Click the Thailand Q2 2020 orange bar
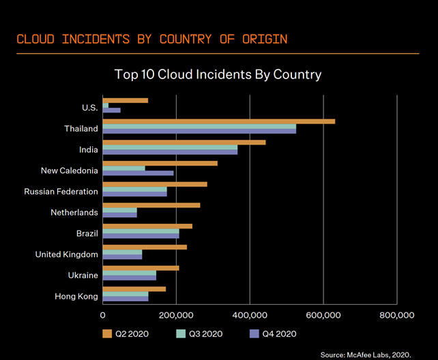coord(218,121)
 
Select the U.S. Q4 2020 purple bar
coord(111,110)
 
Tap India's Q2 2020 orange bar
coord(184,142)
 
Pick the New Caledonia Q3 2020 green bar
coord(123,168)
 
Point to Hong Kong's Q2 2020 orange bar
coord(134,289)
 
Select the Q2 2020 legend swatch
coord(106,333)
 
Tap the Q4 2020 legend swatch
coord(256,333)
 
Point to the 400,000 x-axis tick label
coord(250,316)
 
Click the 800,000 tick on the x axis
coord(396,316)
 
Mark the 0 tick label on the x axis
coord(102,316)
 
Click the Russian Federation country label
coord(61,192)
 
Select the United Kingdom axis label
coord(66,254)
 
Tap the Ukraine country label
coord(83,275)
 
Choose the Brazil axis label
coord(87,234)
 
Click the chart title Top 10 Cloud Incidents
coord(218,74)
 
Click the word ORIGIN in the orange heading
coord(265,38)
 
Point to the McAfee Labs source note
coord(365,355)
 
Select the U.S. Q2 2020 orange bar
coord(125,101)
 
